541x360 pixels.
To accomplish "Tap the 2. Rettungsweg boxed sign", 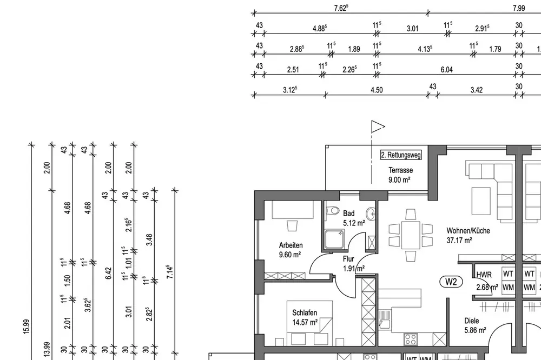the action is click(x=401, y=155).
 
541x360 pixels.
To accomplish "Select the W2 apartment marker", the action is click(x=451, y=282).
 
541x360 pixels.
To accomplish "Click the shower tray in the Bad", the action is click(x=334, y=239).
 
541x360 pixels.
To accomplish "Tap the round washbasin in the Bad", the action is click(x=371, y=214).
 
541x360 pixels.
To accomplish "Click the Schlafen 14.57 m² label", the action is click(x=305, y=318).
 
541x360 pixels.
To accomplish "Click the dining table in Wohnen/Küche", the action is click(x=411, y=235).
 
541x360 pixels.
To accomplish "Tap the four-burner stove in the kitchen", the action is click(x=410, y=339).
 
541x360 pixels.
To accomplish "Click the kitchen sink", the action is click(x=384, y=319).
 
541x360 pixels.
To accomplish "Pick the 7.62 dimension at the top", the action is click(x=341, y=8).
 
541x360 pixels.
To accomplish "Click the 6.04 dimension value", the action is click(x=446, y=70).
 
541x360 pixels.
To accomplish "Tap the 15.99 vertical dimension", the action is click(x=27, y=326).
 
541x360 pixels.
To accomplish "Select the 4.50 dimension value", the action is click(x=377, y=90).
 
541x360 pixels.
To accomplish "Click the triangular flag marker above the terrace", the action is click(x=378, y=126).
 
